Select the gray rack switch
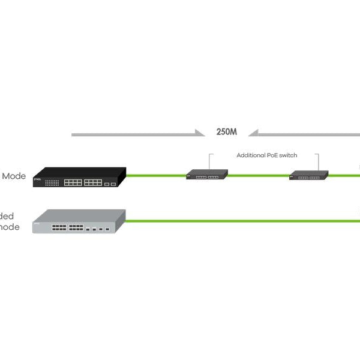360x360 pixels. point(78,222)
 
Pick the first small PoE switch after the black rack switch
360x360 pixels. point(207,175)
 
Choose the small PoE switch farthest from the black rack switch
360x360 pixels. point(308,175)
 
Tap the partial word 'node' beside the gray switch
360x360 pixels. point(10,227)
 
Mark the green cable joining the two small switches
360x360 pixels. point(258,176)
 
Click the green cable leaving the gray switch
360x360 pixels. point(240,221)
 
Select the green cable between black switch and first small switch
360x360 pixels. point(156,176)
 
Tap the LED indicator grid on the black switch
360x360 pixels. point(52,182)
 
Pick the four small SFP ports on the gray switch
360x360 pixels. point(97,229)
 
